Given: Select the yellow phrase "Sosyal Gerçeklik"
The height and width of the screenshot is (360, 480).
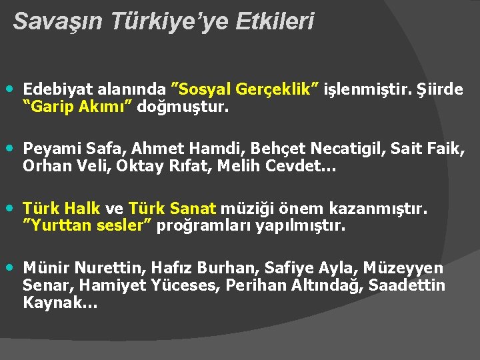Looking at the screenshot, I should pyautogui.click(x=246, y=89).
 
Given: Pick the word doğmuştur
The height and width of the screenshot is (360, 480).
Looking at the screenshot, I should pyautogui.click(x=183, y=106).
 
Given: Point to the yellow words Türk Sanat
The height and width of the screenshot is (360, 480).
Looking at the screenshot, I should pyautogui.click(x=173, y=209).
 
